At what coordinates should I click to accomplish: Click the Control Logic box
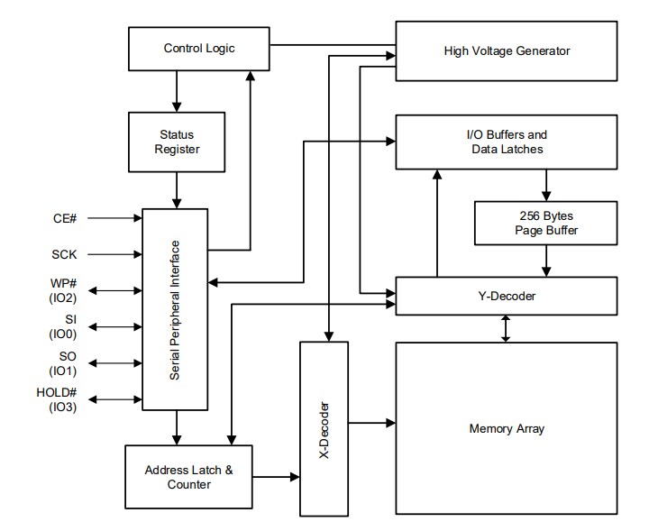tap(199, 48)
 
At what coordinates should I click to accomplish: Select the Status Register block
tap(177, 142)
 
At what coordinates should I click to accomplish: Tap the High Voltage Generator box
tap(507, 51)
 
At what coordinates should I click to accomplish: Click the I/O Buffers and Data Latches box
tap(507, 142)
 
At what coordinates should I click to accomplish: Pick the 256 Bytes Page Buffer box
tap(545, 223)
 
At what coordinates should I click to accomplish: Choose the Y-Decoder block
tap(507, 295)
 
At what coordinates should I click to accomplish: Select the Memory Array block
tap(507, 428)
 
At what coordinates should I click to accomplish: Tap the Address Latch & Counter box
tap(189, 477)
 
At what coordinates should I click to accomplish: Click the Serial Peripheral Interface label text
tap(177, 307)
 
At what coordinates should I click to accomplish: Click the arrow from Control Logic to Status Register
tap(177, 91)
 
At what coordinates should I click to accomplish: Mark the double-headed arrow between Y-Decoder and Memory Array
tap(507, 327)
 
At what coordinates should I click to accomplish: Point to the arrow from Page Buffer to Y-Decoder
tap(545, 261)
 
